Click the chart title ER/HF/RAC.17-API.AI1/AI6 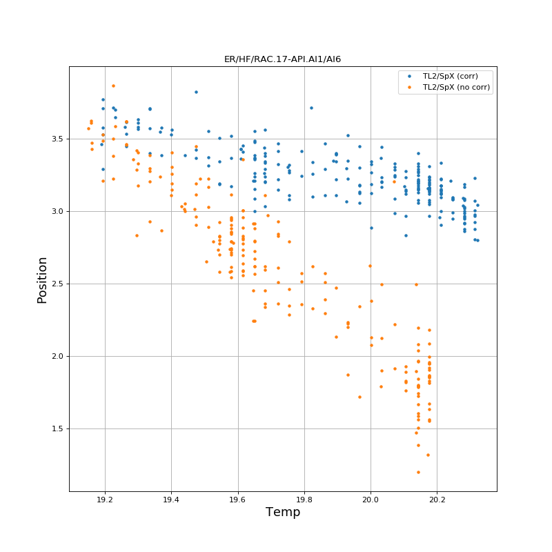tap(282, 59)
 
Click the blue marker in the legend tap(409, 76)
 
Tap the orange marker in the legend tap(409, 87)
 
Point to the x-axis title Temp tap(282, 512)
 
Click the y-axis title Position tap(43, 279)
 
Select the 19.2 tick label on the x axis tap(105, 500)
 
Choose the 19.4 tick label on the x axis tap(171, 500)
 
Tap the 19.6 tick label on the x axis tap(238, 500)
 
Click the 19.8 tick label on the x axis tap(304, 500)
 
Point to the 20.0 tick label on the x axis tap(371, 500)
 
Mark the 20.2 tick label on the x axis tap(437, 500)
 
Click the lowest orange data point tap(418, 472)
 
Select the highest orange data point tap(113, 86)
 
